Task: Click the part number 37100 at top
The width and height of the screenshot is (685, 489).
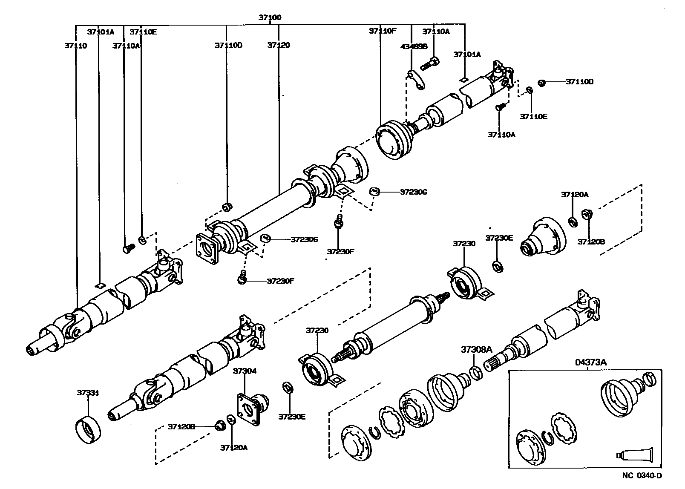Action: [270, 18]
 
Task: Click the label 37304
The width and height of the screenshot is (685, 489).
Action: [245, 371]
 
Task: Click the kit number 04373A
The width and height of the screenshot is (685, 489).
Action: [590, 362]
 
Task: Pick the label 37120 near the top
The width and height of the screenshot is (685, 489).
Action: [279, 45]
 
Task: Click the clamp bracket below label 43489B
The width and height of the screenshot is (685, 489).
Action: [415, 81]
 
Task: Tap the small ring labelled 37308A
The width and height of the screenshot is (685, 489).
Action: [477, 372]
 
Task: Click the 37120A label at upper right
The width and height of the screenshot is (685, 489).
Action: [574, 195]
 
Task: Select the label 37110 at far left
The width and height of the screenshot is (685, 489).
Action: [76, 46]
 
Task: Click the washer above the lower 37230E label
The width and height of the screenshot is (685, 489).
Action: [288, 388]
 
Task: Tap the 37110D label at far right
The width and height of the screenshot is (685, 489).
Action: [579, 82]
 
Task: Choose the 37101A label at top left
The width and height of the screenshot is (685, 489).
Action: [101, 32]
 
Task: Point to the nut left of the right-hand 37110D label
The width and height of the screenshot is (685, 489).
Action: [542, 82]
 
